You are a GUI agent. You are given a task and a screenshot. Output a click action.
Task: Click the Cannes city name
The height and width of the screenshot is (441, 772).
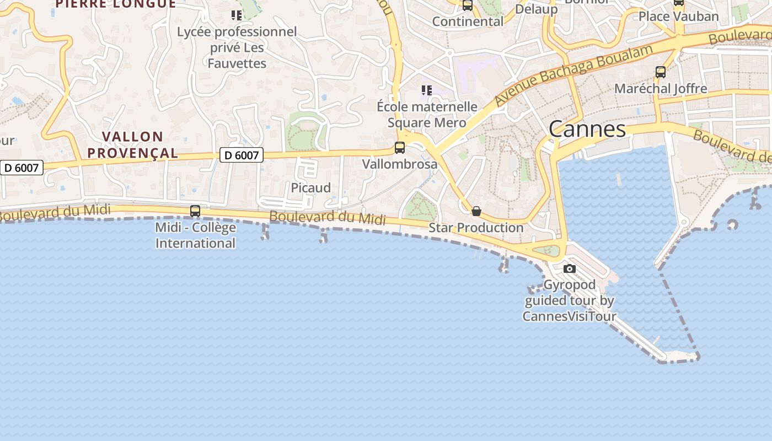(x=587, y=129)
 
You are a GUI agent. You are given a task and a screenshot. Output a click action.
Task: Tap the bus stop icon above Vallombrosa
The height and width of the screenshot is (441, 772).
(x=400, y=148)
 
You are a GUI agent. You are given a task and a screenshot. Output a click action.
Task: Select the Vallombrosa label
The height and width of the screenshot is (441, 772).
(x=400, y=164)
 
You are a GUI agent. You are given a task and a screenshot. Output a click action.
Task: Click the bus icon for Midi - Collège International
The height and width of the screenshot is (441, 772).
(x=195, y=211)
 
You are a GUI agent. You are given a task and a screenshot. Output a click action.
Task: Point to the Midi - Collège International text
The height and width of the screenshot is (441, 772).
(x=195, y=235)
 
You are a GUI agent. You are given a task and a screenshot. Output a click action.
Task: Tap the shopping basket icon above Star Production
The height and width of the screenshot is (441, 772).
(x=476, y=211)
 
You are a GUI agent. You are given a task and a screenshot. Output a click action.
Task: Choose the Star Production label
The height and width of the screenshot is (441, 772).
(x=476, y=227)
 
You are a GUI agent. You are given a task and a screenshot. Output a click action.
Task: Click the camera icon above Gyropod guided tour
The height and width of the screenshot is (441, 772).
(x=570, y=269)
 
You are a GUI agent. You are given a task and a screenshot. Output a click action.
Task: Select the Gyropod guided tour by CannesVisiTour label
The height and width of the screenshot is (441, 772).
(x=570, y=300)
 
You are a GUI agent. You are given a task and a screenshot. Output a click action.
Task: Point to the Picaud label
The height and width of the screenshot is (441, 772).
(x=311, y=188)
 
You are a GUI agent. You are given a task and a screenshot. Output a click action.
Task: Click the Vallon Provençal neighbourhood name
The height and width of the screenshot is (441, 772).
(x=133, y=144)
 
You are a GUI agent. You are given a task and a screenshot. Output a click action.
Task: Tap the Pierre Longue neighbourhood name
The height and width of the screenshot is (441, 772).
(x=116, y=4)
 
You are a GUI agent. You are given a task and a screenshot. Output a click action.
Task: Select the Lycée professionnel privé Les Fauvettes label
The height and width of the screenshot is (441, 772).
(x=237, y=47)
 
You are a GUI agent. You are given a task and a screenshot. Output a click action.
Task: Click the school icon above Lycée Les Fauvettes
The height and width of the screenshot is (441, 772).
(x=237, y=15)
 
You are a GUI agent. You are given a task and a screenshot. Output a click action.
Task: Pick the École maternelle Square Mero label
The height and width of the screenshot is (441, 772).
(x=427, y=114)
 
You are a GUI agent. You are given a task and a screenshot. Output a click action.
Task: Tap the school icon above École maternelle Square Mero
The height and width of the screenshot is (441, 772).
(x=426, y=90)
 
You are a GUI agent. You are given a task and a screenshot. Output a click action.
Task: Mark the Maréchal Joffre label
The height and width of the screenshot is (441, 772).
(x=661, y=88)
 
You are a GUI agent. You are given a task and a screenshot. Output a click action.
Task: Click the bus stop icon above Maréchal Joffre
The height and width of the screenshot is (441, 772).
(x=661, y=72)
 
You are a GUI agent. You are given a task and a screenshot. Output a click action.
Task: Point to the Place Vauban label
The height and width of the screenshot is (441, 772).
(x=679, y=17)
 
